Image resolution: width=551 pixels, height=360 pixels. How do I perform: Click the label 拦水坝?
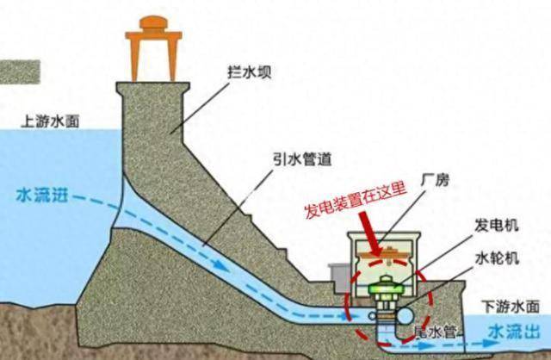click(x=250, y=72)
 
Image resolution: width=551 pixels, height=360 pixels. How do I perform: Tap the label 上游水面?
click(x=50, y=121)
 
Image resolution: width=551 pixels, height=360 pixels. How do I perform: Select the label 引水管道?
click(x=303, y=159)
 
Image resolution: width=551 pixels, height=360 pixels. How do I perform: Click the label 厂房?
click(x=435, y=180)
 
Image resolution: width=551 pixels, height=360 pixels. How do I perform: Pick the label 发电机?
click(x=496, y=225)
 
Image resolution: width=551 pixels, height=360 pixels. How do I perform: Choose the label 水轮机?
click(x=497, y=258)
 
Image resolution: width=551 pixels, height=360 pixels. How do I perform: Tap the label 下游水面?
click(x=511, y=307)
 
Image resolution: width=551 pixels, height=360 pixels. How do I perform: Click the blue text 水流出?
click(x=515, y=332)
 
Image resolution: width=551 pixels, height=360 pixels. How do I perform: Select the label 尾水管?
click(x=435, y=332)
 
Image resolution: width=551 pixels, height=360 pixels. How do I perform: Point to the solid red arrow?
click(x=370, y=233)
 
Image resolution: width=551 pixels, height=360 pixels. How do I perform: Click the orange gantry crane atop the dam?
click(x=153, y=48)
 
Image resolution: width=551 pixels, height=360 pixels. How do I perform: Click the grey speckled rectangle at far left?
click(x=20, y=72)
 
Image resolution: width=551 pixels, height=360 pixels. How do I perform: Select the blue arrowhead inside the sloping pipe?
click(x=221, y=265)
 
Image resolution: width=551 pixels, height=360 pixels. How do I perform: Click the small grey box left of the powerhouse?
click(x=338, y=277)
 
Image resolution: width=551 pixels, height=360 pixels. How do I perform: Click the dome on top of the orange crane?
click(x=153, y=23)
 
